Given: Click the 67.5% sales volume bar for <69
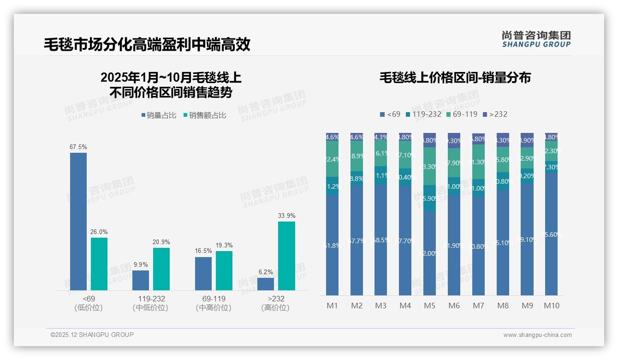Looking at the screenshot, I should [x=78, y=222].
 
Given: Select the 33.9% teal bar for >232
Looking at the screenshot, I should [x=286, y=256].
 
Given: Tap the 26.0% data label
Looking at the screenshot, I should [x=99, y=232].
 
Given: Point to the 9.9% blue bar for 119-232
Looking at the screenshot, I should [x=141, y=281].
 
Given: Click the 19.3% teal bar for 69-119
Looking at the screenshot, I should [x=224, y=271].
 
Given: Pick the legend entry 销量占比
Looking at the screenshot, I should [x=159, y=115].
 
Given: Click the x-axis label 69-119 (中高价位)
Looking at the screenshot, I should [x=213, y=303].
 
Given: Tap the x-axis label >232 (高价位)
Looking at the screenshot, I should [x=275, y=303].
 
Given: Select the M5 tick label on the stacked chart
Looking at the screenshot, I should [x=429, y=306].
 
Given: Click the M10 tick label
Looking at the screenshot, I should [x=551, y=306].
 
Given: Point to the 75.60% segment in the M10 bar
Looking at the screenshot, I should [x=551, y=234].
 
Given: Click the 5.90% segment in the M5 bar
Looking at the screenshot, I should [x=429, y=198].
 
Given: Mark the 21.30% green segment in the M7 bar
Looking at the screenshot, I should [x=478, y=162].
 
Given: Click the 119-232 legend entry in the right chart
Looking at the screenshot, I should [x=423, y=114].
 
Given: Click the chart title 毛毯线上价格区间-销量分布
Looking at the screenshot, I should [x=455, y=78].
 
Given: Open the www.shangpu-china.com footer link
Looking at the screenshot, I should [x=537, y=335].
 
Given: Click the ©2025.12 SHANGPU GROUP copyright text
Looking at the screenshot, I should [x=92, y=335].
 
